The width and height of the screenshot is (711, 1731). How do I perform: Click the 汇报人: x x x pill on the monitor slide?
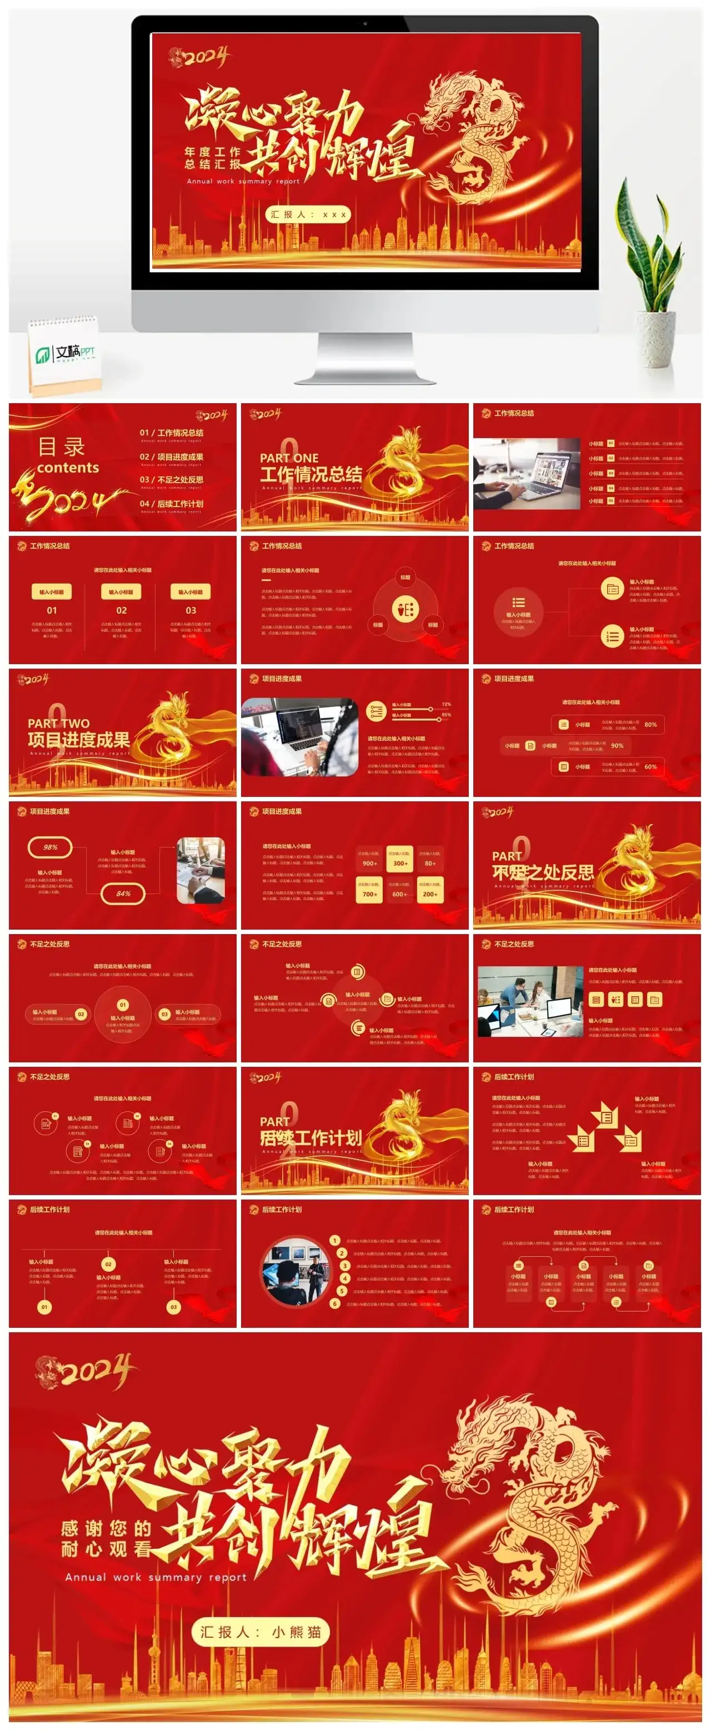coord(307,215)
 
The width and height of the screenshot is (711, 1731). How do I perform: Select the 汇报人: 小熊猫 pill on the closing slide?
coord(261,1632)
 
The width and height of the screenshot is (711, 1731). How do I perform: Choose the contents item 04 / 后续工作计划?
coord(172,503)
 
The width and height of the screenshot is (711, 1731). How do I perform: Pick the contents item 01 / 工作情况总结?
coord(172,433)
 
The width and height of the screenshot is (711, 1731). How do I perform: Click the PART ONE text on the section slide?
coord(289,458)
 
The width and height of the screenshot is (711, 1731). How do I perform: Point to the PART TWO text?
coord(58,723)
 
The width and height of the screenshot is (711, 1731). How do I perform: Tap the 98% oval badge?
coord(51,847)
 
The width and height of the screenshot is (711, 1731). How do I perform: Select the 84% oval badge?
coord(123,894)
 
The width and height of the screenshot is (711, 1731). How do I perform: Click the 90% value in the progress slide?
coord(617,745)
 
